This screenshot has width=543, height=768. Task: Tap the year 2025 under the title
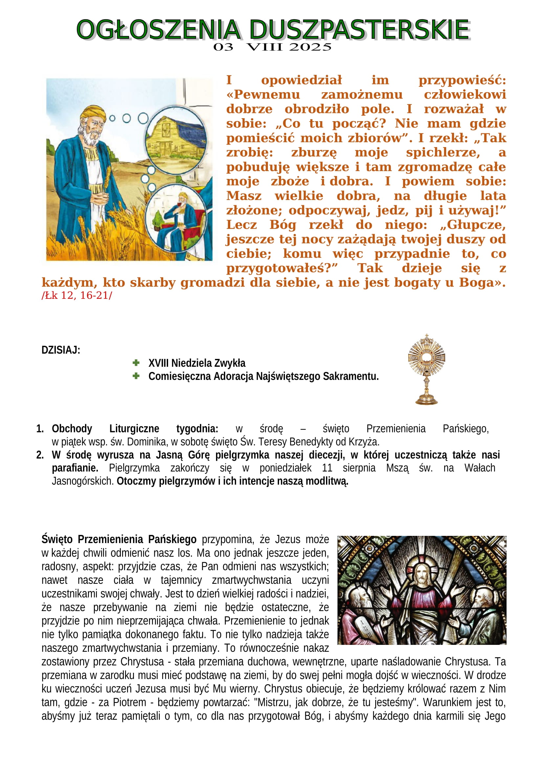point(310,47)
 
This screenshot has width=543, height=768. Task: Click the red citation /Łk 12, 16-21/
point(77,296)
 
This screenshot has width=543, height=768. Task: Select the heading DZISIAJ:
point(60,350)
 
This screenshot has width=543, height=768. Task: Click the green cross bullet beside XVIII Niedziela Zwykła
point(136,362)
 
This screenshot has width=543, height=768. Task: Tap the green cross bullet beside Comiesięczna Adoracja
point(136,376)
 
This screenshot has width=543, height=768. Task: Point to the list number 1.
point(40,428)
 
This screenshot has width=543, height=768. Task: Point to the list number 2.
point(40,455)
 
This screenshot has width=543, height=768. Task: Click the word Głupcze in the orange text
point(476,225)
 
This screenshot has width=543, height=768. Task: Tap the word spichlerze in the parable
point(443,153)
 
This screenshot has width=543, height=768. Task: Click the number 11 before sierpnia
point(327,468)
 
